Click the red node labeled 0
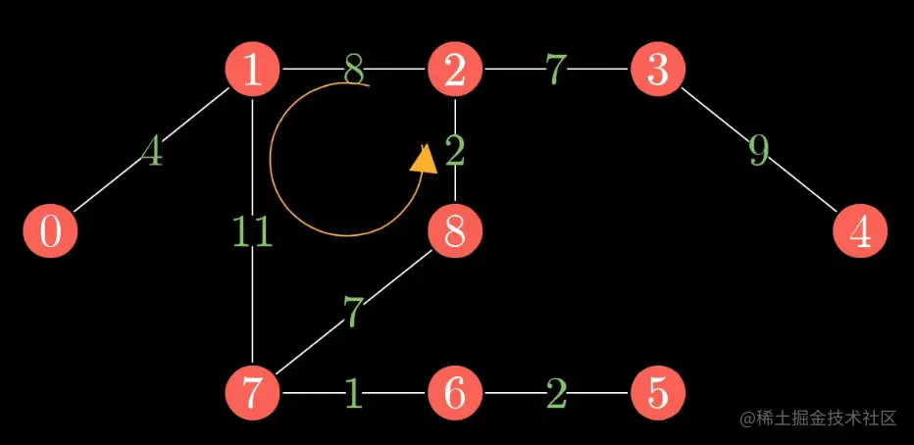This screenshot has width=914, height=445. pos(50,232)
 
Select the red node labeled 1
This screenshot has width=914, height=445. pos(253,71)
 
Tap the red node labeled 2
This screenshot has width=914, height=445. pos(454,71)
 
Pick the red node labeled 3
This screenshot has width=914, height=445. pos(657,71)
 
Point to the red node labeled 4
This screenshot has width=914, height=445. pos(860,232)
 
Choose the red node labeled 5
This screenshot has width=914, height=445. pos(657,393)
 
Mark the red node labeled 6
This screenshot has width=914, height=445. pos(454,393)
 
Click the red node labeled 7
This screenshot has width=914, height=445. pos(253,393)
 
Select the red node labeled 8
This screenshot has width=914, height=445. pos(454,232)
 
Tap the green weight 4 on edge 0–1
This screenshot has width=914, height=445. pos(151,152)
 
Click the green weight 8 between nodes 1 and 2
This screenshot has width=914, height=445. pos(354,71)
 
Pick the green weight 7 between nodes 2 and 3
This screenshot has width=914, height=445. pos(556,71)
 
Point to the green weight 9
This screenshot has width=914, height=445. pos(758,151)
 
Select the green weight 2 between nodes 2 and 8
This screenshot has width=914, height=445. pos(455,152)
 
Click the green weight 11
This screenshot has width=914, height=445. pos(252,232)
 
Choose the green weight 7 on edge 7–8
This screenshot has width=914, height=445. pos(354,313)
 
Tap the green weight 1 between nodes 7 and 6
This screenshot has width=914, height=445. pos(354,393)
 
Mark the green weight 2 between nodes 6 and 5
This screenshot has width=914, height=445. pos(556,393)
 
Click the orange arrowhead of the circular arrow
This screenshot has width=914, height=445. pos(424,159)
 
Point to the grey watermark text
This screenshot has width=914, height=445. pos(818,418)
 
